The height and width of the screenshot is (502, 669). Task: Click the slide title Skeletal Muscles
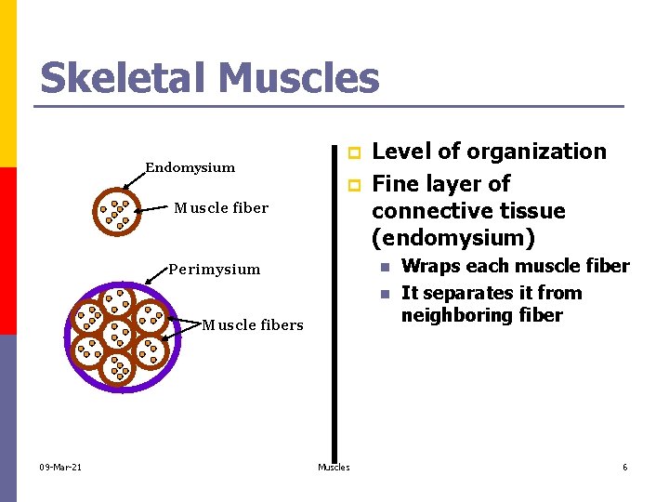pyautogui.click(x=209, y=78)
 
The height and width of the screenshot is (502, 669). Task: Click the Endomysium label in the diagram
pyautogui.click(x=190, y=167)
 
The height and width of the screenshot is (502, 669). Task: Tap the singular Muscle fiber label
pyautogui.click(x=221, y=207)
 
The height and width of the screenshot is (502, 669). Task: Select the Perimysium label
pyautogui.click(x=215, y=270)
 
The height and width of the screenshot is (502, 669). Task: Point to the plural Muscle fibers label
pyautogui.click(x=253, y=324)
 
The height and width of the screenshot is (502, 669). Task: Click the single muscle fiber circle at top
pyautogui.click(x=115, y=213)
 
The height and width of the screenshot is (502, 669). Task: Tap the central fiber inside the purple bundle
pyautogui.click(x=118, y=335)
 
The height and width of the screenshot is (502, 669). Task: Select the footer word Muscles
pyautogui.click(x=334, y=467)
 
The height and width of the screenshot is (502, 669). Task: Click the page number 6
pyautogui.click(x=624, y=467)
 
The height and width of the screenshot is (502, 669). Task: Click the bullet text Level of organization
pyautogui.click(x=488, y=152)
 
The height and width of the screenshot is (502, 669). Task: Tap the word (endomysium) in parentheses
pyautogui.click(x=453, y=239)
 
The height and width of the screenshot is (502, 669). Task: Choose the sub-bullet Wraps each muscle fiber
pyautogui.click(x=515, y=266)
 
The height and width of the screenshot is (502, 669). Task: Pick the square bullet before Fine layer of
pyautogui.click(x=352, y=185)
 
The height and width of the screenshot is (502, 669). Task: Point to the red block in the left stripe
pyautogui.click(x=7, y=251)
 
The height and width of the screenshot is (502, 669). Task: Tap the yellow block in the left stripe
pyautogui.click(x=7, y=84)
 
